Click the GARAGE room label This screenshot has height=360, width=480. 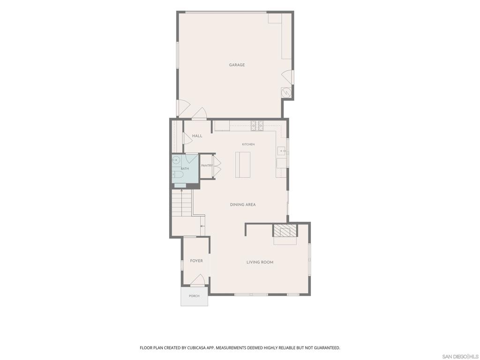(x=237, y=65)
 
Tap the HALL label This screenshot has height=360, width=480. (x=197, y=135)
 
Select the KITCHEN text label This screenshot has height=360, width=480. (x=248, y=144)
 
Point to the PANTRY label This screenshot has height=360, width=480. (x=207, y=165)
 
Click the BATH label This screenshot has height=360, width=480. (x=185, y=169)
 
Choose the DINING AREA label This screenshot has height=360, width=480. (x=243, y=204)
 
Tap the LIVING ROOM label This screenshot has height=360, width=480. (x=260, y=262)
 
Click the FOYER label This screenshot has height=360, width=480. (x=196, y=261)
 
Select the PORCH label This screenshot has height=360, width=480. (x=194, y=296)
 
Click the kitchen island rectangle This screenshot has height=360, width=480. (x=243, y=165)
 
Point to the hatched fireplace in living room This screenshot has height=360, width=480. (x=285, y=231)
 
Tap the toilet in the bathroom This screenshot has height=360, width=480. (x=177, y=175)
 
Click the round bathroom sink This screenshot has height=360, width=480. (x=176, y=160)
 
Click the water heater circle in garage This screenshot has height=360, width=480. (x=286, y=92)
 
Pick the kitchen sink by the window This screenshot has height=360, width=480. (x=282, y=151)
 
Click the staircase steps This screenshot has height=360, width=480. (x=181, y=203)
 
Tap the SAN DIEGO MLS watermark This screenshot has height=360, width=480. (x=460, y=357)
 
